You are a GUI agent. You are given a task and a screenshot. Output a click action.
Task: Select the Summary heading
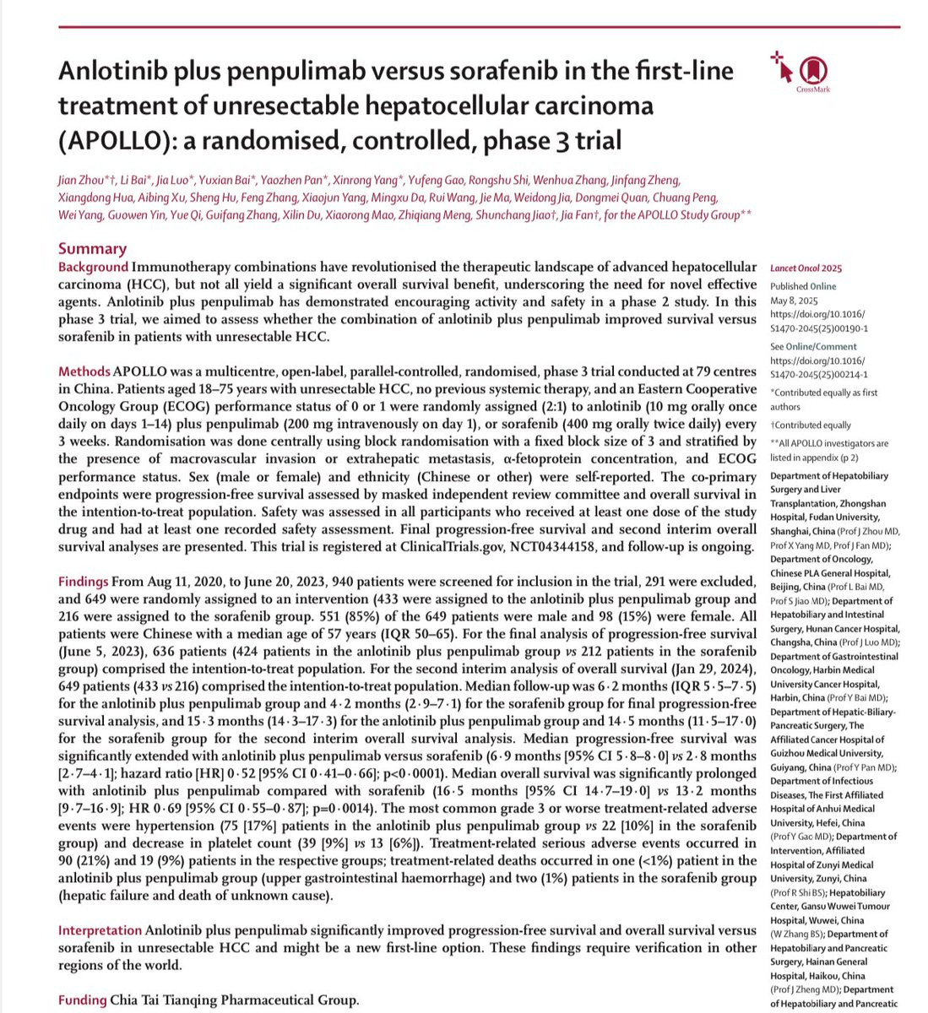92,248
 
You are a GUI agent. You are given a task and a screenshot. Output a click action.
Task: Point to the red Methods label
84,372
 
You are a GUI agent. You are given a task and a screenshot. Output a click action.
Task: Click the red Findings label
84,582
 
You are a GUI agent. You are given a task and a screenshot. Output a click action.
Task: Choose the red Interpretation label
100,930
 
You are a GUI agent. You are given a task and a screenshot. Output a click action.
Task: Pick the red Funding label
82,1000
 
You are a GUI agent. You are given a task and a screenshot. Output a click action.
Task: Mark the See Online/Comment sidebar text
813,346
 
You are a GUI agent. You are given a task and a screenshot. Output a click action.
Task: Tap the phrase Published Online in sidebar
803,286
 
